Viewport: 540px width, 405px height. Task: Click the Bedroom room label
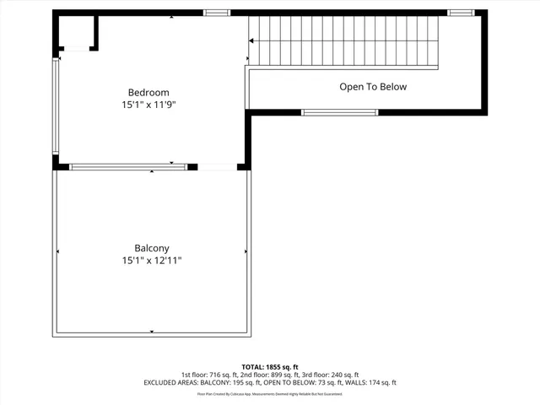click(x=148, y=92)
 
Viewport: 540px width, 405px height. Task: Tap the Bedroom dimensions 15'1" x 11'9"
click(x=148, y=105)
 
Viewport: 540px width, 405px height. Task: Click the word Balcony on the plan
click(x=152, y=248)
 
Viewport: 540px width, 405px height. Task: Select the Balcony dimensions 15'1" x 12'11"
click(x=152, y=261)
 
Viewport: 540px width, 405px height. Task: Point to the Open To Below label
click(x=373, y=86)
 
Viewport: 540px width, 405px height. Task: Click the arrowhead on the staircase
click(x=252, y=40)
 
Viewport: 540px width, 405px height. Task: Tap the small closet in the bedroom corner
click(x=77, y=34)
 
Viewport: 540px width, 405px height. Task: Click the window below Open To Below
click(x=340, y=112)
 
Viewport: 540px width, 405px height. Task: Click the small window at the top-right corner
click(x=461, y=13)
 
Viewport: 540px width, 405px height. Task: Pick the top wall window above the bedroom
click(x=217, y=13)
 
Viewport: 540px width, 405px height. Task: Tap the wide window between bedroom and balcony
click(x=128, y=167)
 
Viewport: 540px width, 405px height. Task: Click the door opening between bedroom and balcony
click(x=217, y=167)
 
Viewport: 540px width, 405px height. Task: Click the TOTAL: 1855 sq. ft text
click(x=270, y=367)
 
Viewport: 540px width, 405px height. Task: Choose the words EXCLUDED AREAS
click(x=174, y=382)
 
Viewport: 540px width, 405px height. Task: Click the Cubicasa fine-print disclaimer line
click(x=270, y=393)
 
